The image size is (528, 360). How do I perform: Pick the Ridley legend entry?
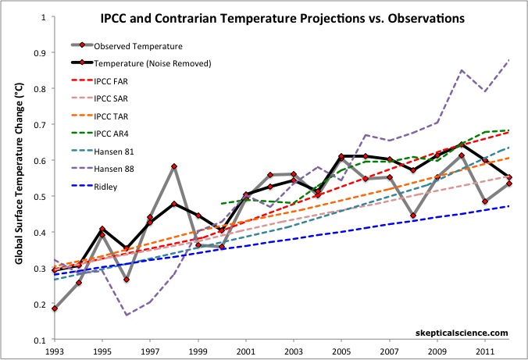(x=108, y=188)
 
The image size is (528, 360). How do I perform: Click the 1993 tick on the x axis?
(x=54, y=351)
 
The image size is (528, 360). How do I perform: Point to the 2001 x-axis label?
(x=247, y=351)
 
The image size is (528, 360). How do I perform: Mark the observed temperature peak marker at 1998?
(x=174, y=166)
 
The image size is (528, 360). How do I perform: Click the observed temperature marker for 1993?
(x=55, y=309)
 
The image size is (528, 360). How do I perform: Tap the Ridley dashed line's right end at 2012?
(x=509, y=206)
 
